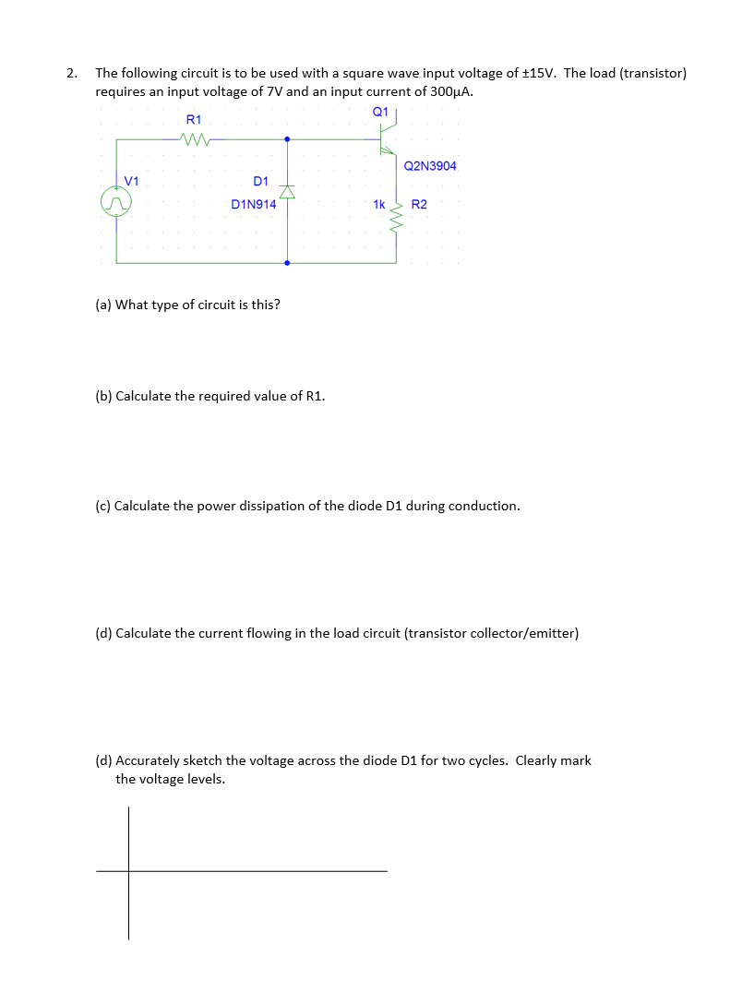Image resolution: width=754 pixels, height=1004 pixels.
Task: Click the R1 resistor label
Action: point(194,120)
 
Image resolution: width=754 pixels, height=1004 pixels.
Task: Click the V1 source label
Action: point(131,180)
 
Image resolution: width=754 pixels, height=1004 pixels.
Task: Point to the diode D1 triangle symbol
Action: point(287,192)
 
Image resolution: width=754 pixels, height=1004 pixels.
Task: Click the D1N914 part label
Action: point(253,205)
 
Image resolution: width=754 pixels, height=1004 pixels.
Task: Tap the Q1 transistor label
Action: point(379,112)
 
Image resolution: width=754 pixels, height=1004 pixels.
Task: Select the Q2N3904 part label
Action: point(430,166)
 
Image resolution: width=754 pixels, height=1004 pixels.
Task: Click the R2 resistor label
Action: point(419,204)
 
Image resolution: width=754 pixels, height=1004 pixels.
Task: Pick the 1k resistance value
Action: point(378,204)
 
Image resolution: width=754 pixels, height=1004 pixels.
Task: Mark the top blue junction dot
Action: point(287,140)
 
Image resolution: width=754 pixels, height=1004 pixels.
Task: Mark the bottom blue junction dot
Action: point(287,263)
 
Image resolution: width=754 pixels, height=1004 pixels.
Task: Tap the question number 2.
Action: point(70,73)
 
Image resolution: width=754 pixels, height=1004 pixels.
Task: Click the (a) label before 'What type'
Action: point(103,305)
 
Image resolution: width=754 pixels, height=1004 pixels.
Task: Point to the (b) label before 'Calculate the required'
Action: point(104,396)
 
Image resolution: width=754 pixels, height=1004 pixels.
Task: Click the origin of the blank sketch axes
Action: point(128,870)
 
